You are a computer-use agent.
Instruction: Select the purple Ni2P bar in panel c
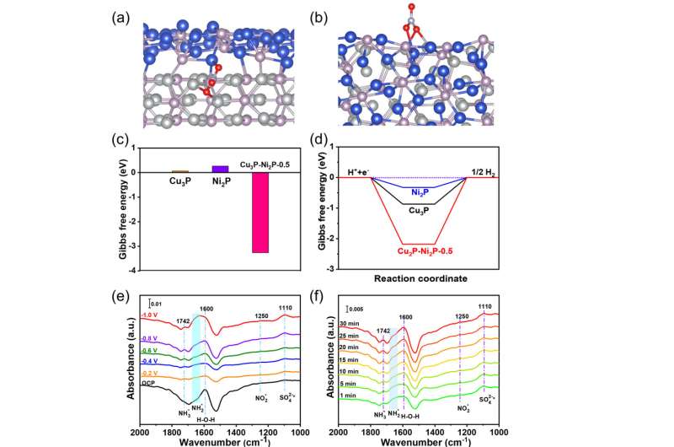[x=220, y=169]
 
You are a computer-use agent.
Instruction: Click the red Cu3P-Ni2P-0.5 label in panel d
[x=420, y=250]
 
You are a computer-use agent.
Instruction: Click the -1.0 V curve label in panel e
[x=149, y=315]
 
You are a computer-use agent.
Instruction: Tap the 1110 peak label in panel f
[x=484, y=308]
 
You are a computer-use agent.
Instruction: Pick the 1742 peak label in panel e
[x=183, y=321]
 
